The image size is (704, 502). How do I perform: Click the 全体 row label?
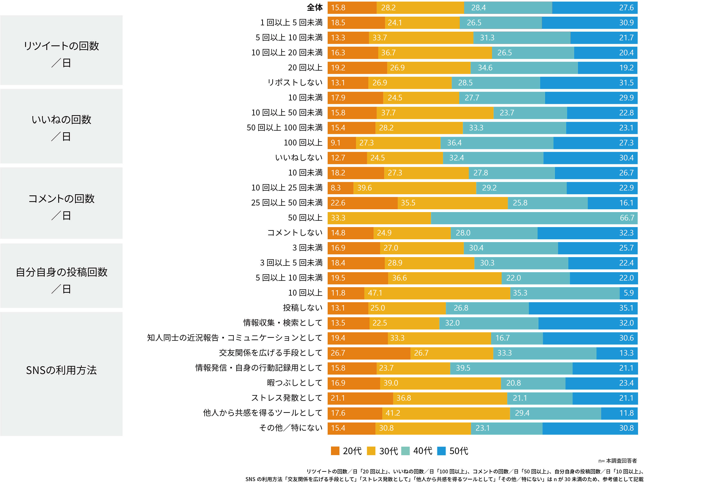click(314, 8)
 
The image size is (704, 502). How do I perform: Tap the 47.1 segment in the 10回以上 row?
click(437, 293)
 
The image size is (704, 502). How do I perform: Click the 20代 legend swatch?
click(335, 451)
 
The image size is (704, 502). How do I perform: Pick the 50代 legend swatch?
click(441, 451)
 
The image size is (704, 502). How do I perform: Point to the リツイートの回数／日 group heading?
click(61, 54)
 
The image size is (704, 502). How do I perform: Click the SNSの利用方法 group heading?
click(61, 370)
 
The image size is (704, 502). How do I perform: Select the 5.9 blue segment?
click(628, 293)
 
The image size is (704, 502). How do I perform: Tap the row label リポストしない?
click(295, 83)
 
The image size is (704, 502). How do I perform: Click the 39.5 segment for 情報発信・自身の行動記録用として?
click(511, 368)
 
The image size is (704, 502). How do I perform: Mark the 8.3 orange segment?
click(340, 188)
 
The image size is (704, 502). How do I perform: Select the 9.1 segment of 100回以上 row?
click(342, 143)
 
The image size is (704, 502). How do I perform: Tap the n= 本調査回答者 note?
click(617, 461)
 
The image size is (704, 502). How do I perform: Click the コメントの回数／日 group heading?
click(61, 207)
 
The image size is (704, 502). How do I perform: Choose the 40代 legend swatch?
click(405, 451)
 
